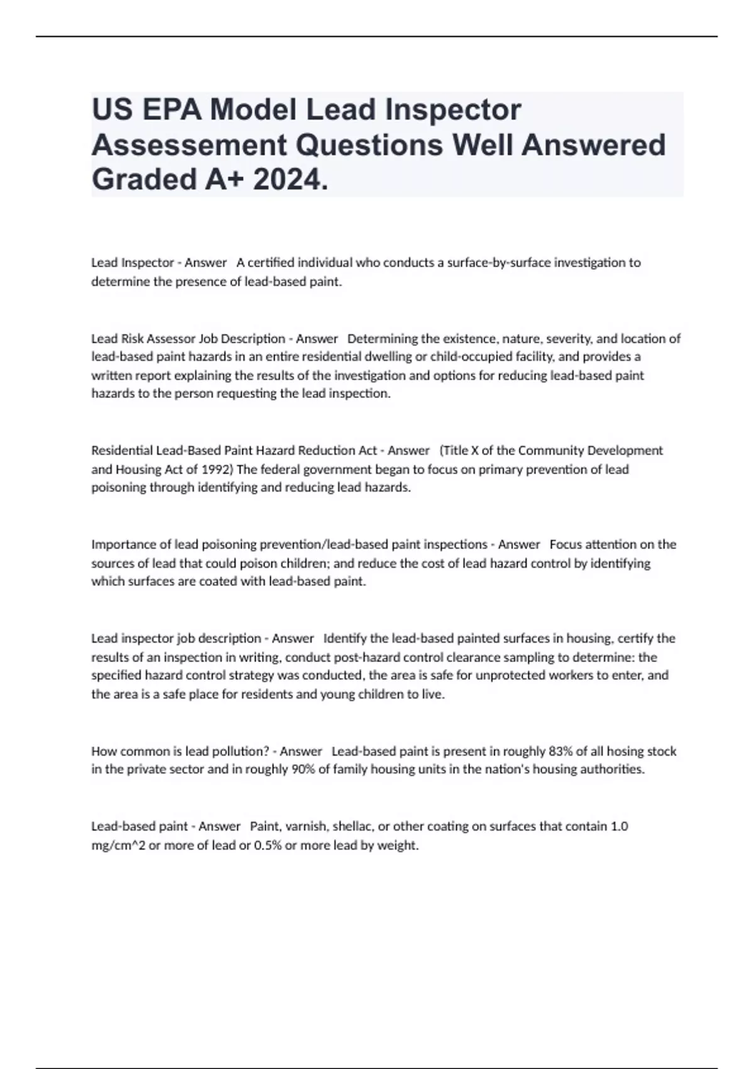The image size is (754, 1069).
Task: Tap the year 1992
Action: tap(217, 469)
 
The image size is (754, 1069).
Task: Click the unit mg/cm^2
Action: tap(118, 845)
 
